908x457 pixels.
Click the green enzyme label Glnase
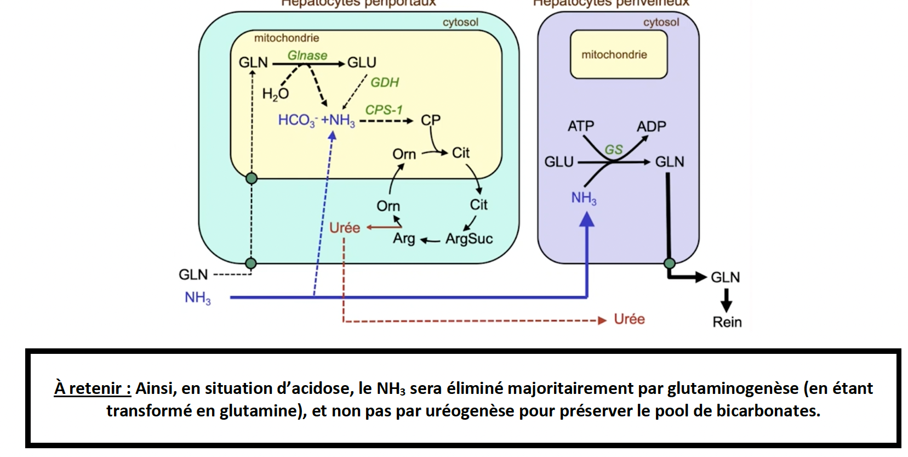(307, 55)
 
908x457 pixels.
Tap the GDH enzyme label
(385, 82)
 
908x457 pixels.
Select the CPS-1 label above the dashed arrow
(384, 110)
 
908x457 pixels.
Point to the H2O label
(275, 94)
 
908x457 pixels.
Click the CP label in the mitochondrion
(430, 120)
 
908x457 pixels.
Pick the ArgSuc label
(469, 239)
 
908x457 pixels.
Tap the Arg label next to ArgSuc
(404, 239)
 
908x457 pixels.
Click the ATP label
(581, 126)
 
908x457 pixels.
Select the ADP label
(651, 126)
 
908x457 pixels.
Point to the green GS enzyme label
(613, 149)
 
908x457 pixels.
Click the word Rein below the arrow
(727, 322)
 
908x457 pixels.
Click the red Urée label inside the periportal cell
(345, 228)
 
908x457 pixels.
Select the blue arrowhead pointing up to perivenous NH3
(587, 219)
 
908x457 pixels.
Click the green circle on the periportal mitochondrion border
(251, 178)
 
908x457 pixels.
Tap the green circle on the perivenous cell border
(669, 263)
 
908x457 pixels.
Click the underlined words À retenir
(92, 388)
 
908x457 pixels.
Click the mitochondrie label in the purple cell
(614, 54)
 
